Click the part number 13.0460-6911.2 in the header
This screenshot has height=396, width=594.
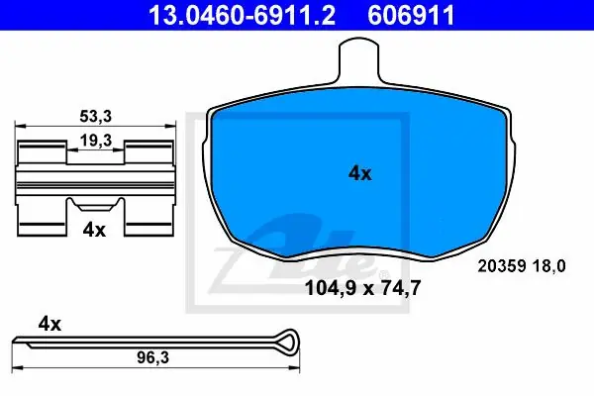[243, 15]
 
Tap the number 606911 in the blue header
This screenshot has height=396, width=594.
[411, 15]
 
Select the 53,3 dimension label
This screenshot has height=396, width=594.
[95, 117]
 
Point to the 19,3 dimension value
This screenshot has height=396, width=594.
[95, 141]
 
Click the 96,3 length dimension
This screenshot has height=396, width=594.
[153, 357]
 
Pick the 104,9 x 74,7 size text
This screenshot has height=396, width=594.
[362, 288]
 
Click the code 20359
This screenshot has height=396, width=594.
[502, 266]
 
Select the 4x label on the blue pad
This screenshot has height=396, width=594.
[360, 173]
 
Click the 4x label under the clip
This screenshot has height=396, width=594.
[94, 230]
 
